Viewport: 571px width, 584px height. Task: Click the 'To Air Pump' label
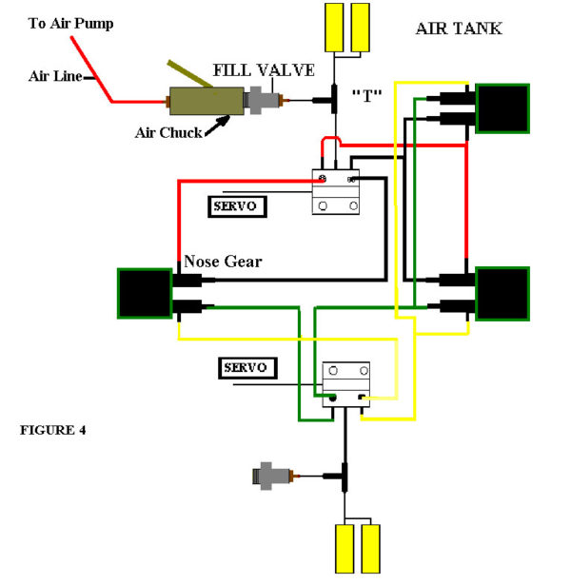(x=70, y=24)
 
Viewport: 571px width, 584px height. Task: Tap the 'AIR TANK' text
(x=459, y=29)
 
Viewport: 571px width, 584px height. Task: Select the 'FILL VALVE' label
(x=264, y=70)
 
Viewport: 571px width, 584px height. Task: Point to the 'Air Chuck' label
(x=168, y=132)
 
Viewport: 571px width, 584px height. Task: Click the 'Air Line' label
(x=55, y=76)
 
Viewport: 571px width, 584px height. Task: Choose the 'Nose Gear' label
(x=223, y=262)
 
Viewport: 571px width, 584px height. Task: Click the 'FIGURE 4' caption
(x=53, y=430)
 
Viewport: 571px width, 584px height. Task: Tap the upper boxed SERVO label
(x=237, y=206)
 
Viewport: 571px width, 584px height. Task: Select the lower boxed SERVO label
(x=247, y=368)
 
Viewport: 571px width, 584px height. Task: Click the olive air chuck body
(x=207, y=101)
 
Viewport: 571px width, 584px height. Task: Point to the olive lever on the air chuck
(x=189, y=73)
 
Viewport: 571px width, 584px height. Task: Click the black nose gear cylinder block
(x=145, y=294)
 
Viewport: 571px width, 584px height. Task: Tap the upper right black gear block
(x=502, y=108)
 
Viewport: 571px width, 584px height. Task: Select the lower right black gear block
(x=502, y=294)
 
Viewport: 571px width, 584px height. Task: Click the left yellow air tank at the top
(x=334, y=28)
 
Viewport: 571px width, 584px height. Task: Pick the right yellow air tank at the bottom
(x=370, y=549)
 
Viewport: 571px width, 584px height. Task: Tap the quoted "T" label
(x=367, y=96)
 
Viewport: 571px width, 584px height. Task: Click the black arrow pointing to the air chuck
(x=217, y=126)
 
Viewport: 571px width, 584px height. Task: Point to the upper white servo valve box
(x=335, y=192)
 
